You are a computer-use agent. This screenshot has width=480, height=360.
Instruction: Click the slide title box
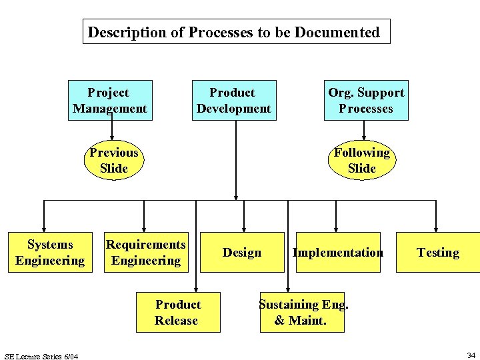click(236, 31)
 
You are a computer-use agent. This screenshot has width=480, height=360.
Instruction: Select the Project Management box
click(110, 101)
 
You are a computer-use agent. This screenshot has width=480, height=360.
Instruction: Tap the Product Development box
click(233, 101)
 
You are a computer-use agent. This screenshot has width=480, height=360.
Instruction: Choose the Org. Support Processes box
click(366, 101)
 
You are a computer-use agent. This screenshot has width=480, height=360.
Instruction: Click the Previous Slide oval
click(113, 161)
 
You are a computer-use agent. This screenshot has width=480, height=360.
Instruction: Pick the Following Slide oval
click(362, 161)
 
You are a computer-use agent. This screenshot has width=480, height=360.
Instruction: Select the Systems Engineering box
click(50, 253)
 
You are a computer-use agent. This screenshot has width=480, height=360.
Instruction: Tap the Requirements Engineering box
click(146, 253)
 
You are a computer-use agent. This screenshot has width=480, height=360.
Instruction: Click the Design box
click(242, 253)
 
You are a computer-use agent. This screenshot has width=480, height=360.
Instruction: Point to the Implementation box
click(337, 253)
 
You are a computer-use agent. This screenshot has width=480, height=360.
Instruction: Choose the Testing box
click(437, 253)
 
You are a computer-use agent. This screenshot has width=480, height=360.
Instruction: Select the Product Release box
click(177, 312)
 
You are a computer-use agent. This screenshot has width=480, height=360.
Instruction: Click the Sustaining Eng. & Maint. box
click(303, 312)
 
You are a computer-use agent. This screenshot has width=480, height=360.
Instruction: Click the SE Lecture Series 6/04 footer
click(41, 357)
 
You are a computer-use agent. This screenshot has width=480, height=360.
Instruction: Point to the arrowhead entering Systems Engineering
click(44, 228)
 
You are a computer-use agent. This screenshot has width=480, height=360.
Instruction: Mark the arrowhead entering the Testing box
click(436, 228)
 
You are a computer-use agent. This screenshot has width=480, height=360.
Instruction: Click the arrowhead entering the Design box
click(244, 228)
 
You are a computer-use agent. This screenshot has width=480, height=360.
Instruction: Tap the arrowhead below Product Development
click(236, 196)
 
